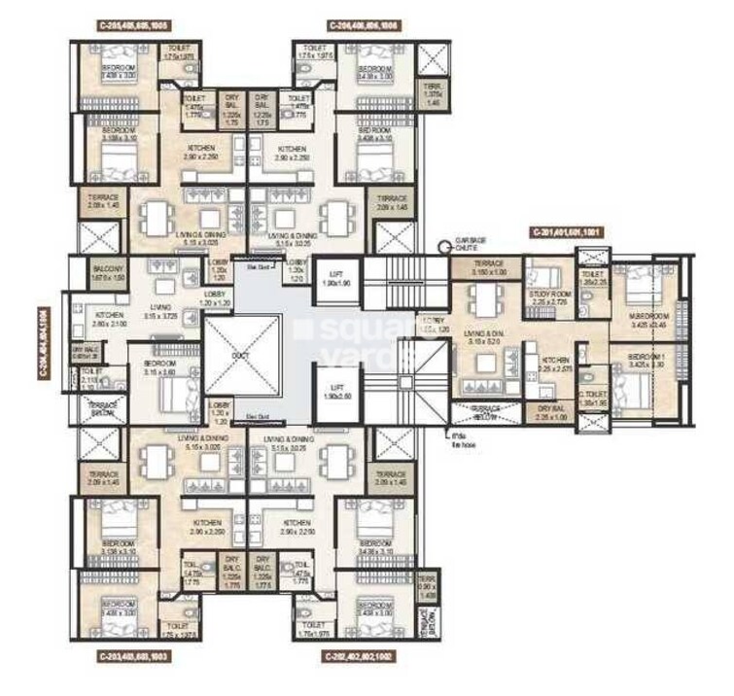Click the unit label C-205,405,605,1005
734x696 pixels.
136,22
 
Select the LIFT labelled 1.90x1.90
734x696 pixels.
335,275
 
